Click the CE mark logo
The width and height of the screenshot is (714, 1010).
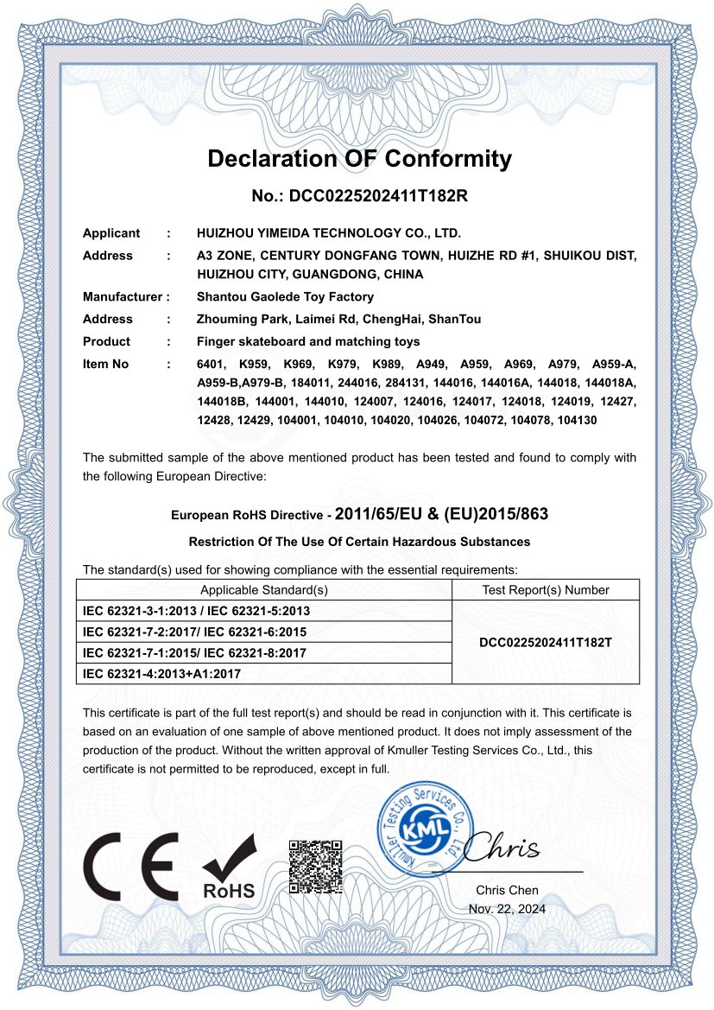click(130, 867)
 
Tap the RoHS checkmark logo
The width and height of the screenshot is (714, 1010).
click(229, 867)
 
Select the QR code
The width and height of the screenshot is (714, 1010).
click(315, 866)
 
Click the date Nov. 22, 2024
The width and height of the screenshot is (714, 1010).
click(507, 909)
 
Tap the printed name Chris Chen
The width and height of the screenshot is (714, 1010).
click(507, 890)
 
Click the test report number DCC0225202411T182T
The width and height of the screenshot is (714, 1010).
click(545, 643)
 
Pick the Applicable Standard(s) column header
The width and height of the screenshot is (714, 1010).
click(264, 590)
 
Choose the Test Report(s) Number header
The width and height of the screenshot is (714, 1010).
click(545, 590)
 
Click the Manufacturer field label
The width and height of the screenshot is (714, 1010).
click(123, 297)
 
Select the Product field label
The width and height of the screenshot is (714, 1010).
click(106, 341)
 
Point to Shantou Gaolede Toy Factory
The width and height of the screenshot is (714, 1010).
click(285, 297)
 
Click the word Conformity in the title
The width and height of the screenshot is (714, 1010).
click(447, 159)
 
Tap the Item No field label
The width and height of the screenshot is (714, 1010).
click(105, 365)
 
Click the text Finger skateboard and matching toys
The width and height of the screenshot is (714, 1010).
click(308, 341)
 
